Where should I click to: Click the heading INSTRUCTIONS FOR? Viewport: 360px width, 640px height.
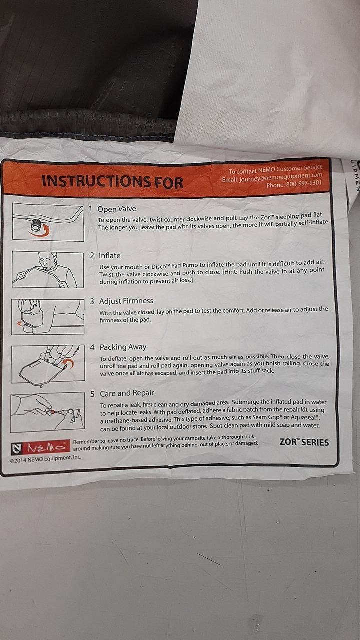pos(112,181)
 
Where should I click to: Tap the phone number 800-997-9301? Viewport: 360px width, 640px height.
pos(304,183)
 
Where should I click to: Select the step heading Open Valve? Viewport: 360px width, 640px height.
pos(117,209)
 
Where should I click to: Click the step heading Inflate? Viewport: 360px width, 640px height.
pos(109,255)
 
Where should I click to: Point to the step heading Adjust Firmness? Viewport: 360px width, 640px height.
pos(126,301)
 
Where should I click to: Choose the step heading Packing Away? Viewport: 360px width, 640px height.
pos(123,347)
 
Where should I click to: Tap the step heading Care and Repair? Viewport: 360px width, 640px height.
pos(127,393)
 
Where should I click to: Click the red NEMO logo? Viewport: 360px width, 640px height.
pos(40,447)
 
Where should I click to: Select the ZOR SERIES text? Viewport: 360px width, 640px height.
pos(304,442)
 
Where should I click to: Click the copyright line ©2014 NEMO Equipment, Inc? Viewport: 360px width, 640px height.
pos(45,457)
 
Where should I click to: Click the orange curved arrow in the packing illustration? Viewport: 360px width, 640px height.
pos(68,363)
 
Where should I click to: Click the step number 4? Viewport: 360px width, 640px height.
pos(92,347)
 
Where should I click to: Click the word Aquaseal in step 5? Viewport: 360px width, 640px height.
pos(303,417)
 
